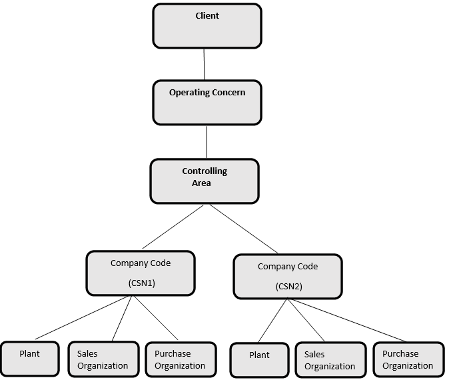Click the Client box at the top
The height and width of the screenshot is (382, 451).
coord(207,26)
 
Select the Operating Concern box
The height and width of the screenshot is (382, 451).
coord(207,102)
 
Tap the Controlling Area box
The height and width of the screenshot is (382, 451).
coord(204,181)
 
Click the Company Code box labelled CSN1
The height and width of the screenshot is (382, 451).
coord(141,273)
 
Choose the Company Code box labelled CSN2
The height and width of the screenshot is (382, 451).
coord(287,275)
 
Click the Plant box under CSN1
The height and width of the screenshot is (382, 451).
coord(29,359)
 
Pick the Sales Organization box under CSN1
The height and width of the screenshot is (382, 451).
coord(103,360)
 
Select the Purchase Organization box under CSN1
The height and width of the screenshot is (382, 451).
coord(181,360)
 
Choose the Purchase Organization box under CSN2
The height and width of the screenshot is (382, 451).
coord(407,360)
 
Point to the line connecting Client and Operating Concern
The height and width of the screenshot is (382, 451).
coord(205,64)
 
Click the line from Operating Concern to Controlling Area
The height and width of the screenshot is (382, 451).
coord(207,141)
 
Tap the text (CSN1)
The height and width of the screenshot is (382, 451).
coord(141,283)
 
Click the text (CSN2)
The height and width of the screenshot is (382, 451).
coord(288,286)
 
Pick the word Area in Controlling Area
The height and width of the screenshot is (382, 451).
coord(201,183)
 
